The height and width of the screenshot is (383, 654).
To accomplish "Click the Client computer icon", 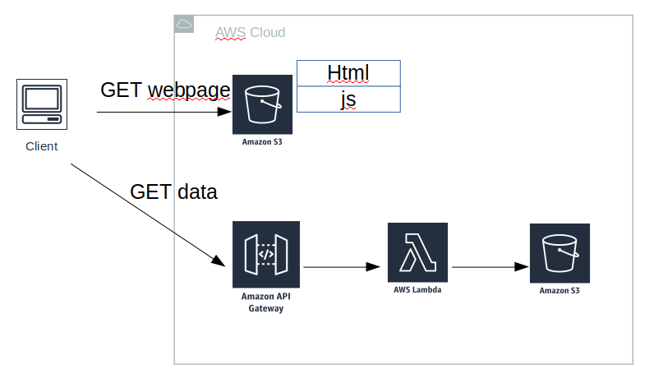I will click(42, 104).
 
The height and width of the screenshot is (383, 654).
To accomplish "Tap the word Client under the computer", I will click(42, 147).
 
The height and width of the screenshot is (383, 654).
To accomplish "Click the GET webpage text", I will click(164, 90).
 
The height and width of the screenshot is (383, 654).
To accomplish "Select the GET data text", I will click(173, 192).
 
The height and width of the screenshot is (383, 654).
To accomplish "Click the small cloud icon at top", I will click(184, 25).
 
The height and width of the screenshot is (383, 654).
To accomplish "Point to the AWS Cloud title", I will click(250, 33).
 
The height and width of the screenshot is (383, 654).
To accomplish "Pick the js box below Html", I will click(348, 99).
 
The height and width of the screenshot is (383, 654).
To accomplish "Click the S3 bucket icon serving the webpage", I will click(262, 104).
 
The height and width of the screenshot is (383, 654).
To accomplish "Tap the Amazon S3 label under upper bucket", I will click(262, 141).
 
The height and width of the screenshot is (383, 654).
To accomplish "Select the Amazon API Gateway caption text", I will click(266, 302).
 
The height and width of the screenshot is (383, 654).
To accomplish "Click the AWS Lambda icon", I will click(418, 252).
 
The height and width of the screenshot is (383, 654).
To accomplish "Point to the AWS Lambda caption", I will click(418, 290).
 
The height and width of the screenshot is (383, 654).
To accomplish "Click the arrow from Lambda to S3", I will click(489, 267).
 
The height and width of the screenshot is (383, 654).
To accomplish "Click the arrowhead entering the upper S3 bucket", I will click(226, 112).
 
